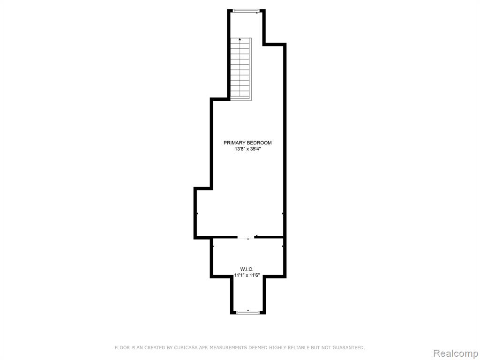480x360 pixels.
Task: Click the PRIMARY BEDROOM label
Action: tap(247, 142)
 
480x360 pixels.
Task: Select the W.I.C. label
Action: tap(247, 269)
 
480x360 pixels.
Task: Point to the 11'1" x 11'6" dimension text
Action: tap(247, 275)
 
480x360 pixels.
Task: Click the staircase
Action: tap(240, 69)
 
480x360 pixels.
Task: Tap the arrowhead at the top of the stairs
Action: tap(240, 39)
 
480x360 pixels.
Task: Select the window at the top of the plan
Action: tap(246, 11)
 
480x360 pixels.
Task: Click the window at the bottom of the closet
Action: tap(248, 312)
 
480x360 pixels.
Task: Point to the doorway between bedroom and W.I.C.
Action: tap(246, 237)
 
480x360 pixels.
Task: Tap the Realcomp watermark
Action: tap(455, 353)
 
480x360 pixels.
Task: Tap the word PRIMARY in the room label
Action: tap(234, 142)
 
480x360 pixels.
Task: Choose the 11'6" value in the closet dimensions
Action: tap(255, 275)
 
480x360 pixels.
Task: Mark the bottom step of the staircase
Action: tap(240, 98)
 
